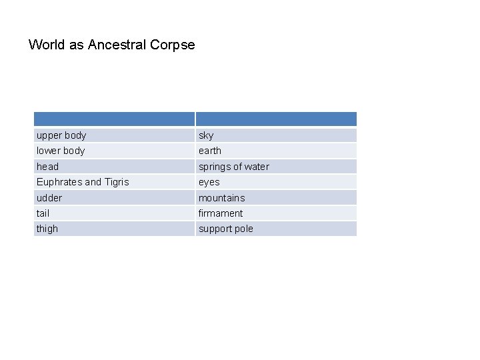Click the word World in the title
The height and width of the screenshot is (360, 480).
click(46, 45)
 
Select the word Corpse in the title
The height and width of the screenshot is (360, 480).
click(173, 45)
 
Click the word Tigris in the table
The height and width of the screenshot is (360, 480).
click(117, 182)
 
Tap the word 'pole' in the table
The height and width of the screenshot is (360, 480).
click(243, 229)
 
